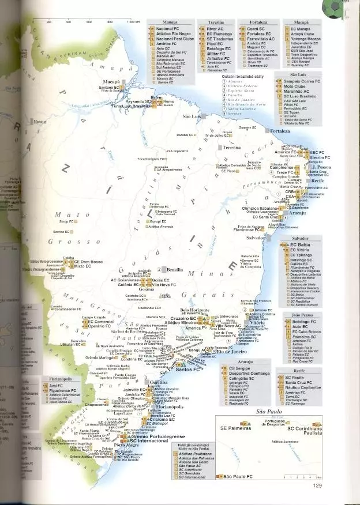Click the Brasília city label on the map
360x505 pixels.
click(174, 269)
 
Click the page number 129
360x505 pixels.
click(317, 485)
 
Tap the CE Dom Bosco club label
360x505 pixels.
click(88, 262)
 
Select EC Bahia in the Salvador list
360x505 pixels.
click(301, 245)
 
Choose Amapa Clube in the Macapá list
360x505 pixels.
click(301, 33)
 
